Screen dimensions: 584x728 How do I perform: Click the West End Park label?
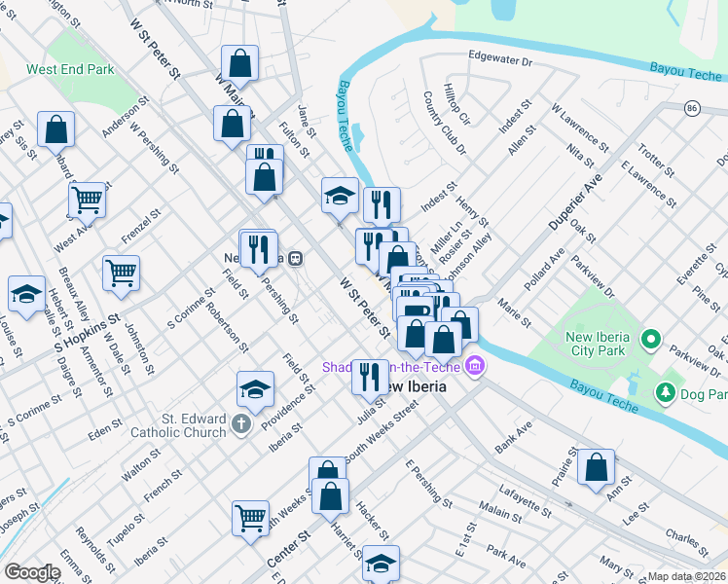[x=70, y=70]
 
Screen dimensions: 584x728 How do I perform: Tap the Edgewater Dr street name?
[x=501, y=59]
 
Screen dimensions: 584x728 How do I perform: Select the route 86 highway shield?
[x=692, y=107]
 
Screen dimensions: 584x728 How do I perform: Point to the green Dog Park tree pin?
[x=666, y=393]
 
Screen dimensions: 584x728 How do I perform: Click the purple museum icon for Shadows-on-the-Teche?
[x=474, y=367]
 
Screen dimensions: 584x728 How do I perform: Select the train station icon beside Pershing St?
[x=293, y=259]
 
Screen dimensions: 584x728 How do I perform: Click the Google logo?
[x=32, y=572]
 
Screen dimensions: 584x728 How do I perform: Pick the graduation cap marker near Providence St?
[x=255, y=389]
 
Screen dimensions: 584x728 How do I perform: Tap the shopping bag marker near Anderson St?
[x=56, y=129]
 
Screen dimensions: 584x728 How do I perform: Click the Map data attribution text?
[x=687, y=576]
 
